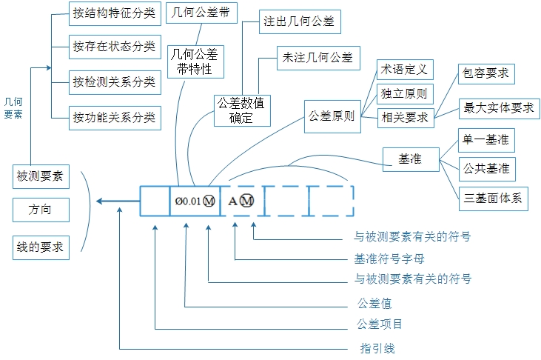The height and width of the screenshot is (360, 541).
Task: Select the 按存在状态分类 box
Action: point(114,47)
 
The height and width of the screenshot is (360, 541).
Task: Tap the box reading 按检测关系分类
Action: point(114,81)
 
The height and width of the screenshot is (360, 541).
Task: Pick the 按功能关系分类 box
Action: point(114,116)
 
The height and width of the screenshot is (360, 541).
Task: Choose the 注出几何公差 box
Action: point(299,21)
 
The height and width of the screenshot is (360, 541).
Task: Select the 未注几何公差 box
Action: point(317,56)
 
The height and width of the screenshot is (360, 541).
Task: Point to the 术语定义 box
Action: point(404,71)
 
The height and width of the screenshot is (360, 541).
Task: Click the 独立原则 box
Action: point(404,94)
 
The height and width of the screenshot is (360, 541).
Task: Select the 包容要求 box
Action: point(485,73)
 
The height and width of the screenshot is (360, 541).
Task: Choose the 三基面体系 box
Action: point(493,198)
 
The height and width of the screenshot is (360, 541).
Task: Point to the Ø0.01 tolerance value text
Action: point(188,201)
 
